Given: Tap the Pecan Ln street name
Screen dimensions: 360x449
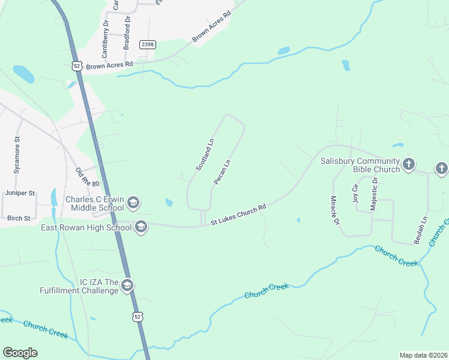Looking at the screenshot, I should click(x=223, y=172).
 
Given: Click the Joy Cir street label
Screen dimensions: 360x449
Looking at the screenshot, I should click(x=355, y=194).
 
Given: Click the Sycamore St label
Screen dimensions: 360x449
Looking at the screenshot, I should click(x=17, y=155).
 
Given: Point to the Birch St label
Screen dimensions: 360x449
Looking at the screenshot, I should click(x=19, y=218).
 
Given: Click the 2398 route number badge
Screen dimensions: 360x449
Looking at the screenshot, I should click(x=147, y=45).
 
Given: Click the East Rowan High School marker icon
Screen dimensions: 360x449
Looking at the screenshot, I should click(x=141, y=227).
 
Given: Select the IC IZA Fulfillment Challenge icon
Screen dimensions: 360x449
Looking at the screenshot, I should click(x=127, y=286).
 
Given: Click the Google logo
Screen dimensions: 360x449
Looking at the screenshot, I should click(x=20, y=353).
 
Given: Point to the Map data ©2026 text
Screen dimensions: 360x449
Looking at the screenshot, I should click(x=424, y=355).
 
